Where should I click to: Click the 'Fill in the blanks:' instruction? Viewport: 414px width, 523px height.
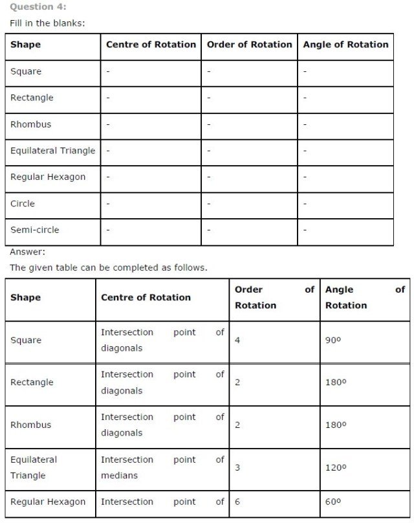(x=47, y=23)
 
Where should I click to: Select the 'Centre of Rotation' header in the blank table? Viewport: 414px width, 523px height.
(x=151, y=45)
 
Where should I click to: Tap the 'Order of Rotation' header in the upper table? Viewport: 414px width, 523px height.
(x=249, y=45)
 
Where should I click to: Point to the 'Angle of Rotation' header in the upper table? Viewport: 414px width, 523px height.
(x=345, y=45)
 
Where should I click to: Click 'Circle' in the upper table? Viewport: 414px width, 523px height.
(x=23, y=203)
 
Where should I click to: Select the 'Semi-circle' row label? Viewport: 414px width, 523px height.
(x=34, y=230)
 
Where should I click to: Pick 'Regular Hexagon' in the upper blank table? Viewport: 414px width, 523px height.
(x=48, y=177)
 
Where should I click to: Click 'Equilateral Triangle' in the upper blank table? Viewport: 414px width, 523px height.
(x=52, y=151)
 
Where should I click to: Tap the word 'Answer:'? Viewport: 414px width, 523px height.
(x=28, y=252)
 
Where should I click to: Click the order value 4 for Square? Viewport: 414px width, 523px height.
(x=237, y=340)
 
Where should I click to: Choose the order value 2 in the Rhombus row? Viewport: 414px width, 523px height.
(x=237, y=425)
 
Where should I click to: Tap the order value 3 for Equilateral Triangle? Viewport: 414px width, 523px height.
(x=237, y=467)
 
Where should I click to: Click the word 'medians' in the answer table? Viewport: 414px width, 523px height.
(x=119, y=475)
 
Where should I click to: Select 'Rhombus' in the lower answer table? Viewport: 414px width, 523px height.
(x=30, y=425)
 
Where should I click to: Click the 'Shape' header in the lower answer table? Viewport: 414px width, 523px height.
(x=25, y=298)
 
